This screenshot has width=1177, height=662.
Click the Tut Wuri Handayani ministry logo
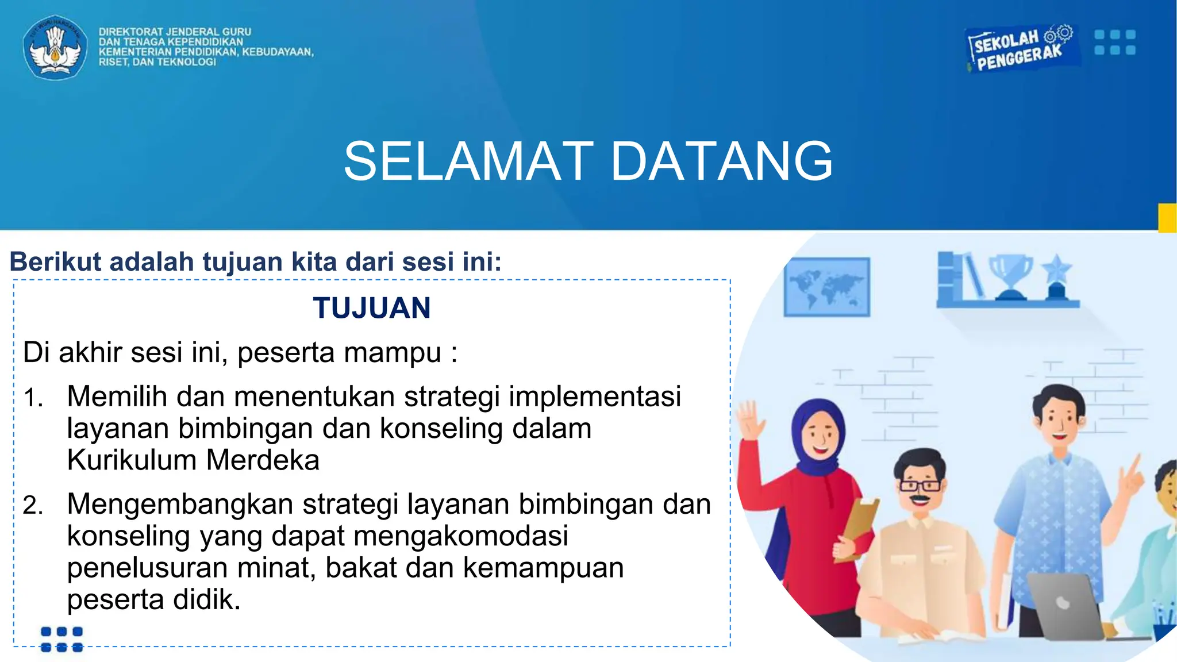pyautogui.click(x=55, y=47)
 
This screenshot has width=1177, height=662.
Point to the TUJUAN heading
pyautogui.click(x=372, y=308)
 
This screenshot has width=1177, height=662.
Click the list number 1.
pyautogui.click(x=33, y=398)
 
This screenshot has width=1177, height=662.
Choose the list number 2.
pyautogui.click(x=33, y=506)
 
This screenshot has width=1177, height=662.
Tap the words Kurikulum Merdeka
pyautogui.click(x=193, y=460)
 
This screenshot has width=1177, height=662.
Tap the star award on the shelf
pyautogui.click(x=1057, y=275)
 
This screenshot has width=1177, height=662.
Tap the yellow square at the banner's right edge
pyautogui.click(x=1167, y=218)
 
